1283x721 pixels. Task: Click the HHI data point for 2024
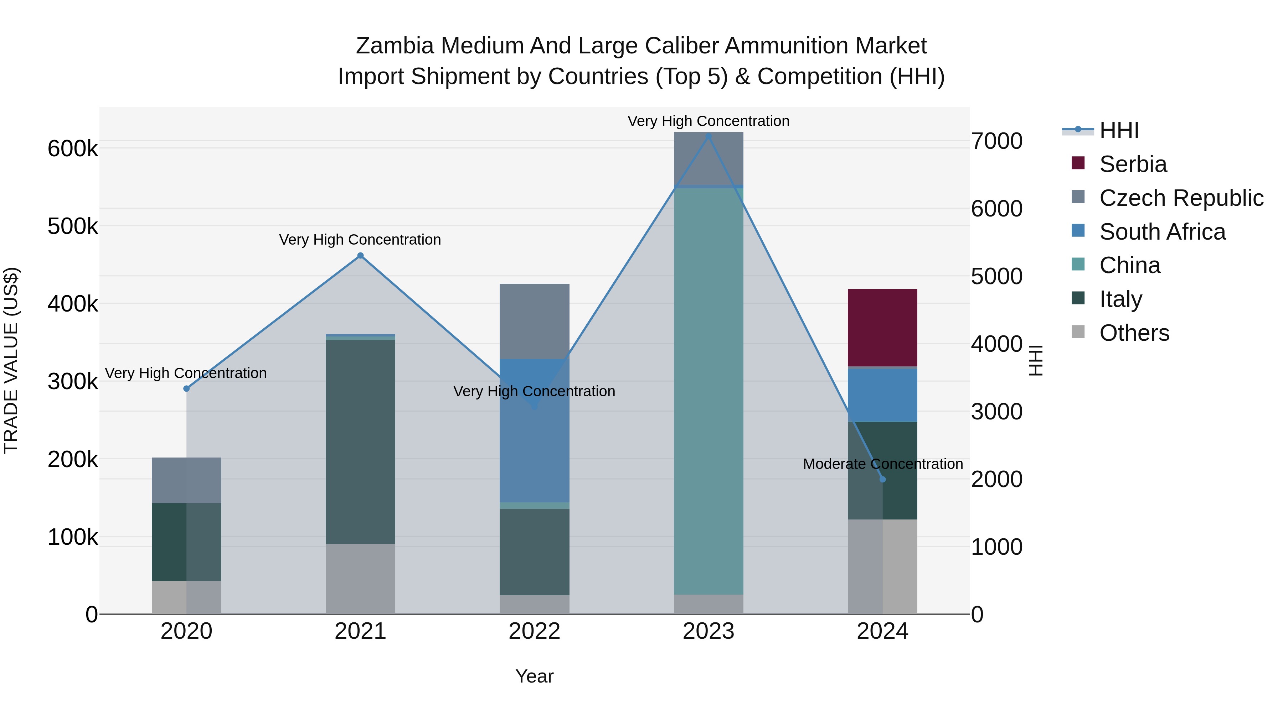tap(882, 479)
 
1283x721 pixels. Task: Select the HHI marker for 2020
tap(186, 388)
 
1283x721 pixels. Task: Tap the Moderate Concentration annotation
tap(882, 464)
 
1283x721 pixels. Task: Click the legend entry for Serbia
tap(1133, 164)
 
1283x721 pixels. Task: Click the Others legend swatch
tap(1078, 332)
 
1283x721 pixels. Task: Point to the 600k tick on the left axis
tap(73, 148)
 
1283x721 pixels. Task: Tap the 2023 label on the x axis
tap(708, 631)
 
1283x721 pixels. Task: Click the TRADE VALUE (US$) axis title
tap(11, 360)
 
